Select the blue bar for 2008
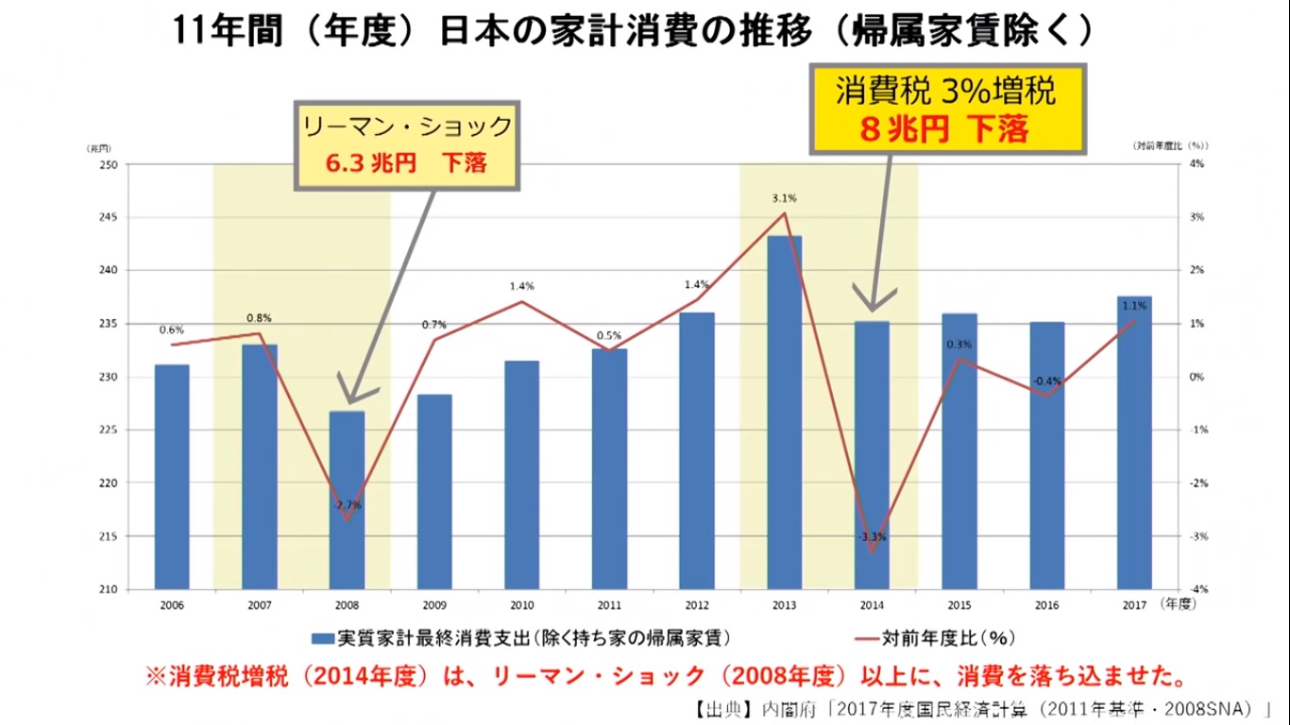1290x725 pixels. (x=347, y=500)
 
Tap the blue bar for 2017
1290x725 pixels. (x=1134, y=443)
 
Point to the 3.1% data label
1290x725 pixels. (x=784, y=198)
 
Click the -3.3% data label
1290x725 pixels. (x=872, y=537)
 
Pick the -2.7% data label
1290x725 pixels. (x=347, y=505)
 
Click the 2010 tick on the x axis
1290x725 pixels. (x=521, y=604)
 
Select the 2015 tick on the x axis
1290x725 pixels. (x=959, y=604)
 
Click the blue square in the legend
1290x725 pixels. (x=322, y=639)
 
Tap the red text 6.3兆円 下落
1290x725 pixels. (x=406, y=162)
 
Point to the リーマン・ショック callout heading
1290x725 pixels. (x=406, y=126)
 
